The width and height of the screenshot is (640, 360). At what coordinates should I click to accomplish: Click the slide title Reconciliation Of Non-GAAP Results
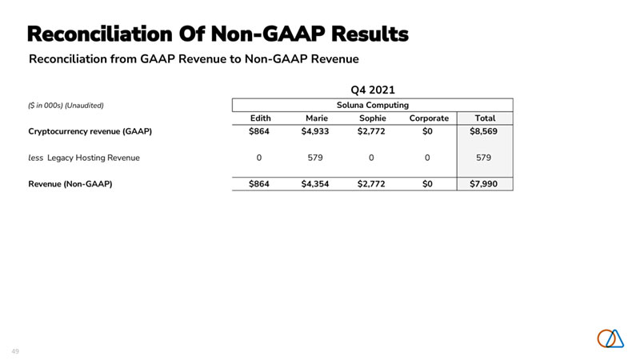click(218, 34)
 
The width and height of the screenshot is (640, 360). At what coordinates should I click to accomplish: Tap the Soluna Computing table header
click(372, 105)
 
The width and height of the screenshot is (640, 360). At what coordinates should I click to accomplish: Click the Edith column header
click(260, 118)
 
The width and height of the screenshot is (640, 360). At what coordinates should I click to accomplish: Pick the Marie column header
click(317, 118)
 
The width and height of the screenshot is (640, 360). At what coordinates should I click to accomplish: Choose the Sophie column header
click(372, 118)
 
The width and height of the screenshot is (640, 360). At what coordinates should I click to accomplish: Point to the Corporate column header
click(429, 118)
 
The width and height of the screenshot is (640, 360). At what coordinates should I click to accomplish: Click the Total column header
click(483, 118)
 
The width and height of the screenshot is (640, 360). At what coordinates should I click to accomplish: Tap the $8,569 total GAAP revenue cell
click(483, 131)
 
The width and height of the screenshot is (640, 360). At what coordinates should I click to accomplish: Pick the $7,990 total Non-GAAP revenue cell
click(483, 185)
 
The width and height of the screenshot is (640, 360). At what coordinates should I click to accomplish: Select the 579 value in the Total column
click(483, 158)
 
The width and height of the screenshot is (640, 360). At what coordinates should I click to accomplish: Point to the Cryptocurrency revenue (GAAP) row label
click(90, 131)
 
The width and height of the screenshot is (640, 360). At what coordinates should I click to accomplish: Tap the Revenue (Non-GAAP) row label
click(70, 185)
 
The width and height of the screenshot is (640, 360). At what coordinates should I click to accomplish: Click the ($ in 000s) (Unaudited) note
click(66, 106)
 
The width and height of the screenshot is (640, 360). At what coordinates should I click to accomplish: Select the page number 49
click(15, 350)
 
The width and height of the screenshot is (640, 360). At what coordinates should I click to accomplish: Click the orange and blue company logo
click(610, 338)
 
